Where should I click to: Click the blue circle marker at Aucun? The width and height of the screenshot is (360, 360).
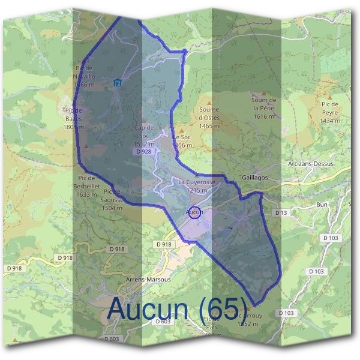pyautogui.click(x=194, y=212)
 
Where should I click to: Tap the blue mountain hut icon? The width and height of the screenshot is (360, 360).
pyautogui.click(x=117, y=83)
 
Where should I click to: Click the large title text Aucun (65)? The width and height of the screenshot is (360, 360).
pyautogui.click(x=176, y=309)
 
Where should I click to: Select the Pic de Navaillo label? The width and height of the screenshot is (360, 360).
pyautogui.click(x=84, y=76)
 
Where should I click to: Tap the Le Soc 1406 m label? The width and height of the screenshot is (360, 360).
pyautogui.click(x=182, y=142)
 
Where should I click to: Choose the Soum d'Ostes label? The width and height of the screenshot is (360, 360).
pyautogui.click(x=213, y=122)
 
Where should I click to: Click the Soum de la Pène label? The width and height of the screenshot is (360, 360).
pyautogui.click(x=264, y=108)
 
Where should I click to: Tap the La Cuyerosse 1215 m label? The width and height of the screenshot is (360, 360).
pyautogui.click(x=196, y=186)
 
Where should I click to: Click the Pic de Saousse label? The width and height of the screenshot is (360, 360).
pyautogui.click(x=112, y=200)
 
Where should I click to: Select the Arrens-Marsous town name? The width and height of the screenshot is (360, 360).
pyautogui.click(x=149, y=280)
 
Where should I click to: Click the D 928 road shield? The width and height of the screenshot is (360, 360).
pyautogui.click(x=143, y=152)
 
